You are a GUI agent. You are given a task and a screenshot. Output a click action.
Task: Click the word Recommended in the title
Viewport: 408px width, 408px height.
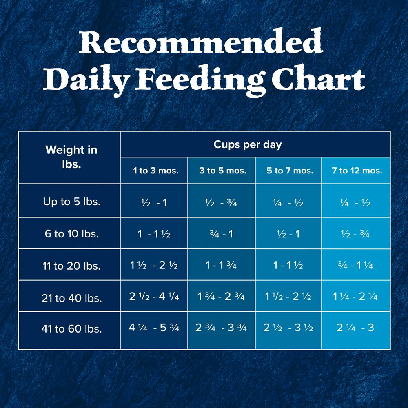(201, 42)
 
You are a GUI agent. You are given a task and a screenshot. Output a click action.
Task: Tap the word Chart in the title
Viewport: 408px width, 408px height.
(319, 78)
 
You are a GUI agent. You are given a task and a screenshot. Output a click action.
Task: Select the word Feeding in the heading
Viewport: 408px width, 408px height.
(200, 80)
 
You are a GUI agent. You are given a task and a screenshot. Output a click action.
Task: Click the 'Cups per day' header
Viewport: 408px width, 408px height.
(248, 145)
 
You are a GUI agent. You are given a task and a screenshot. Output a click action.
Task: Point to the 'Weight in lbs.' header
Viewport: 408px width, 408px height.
(71, 157)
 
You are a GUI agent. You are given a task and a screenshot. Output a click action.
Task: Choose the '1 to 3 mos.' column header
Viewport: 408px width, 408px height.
(155, 171)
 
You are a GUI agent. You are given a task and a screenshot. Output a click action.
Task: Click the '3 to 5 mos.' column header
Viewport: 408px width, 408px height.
(223, 171)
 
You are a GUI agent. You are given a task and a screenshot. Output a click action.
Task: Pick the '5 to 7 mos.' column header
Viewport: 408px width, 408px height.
(290, 171)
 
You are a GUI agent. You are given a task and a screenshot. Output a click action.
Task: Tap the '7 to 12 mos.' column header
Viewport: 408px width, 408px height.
(357, 171)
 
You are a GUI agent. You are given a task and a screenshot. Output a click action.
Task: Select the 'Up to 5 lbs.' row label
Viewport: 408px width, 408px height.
(71, 202)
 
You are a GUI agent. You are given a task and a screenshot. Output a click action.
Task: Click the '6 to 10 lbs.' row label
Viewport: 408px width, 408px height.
(71, 234)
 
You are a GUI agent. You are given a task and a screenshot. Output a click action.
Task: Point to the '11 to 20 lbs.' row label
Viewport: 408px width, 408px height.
(71, 266)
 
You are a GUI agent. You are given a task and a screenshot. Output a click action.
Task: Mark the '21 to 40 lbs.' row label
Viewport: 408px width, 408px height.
(71, 298)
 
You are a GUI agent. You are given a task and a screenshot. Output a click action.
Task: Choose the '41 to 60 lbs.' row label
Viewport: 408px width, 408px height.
(71, 328)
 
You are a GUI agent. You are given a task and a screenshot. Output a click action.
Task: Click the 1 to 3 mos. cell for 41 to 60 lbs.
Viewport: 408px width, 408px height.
(154, 328)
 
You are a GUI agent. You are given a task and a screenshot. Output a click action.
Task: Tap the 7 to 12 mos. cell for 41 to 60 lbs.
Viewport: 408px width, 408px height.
(355, 328)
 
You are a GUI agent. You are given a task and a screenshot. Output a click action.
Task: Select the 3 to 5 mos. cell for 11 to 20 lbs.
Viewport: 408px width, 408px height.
(221, 265)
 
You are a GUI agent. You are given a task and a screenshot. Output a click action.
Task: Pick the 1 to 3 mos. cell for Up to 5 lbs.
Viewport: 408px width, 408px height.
(154, 203)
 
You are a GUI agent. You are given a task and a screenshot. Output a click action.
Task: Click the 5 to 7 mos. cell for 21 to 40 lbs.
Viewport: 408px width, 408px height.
(288, 296)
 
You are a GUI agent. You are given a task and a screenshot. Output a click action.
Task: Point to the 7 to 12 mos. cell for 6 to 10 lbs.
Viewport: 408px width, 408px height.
(355, 234)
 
